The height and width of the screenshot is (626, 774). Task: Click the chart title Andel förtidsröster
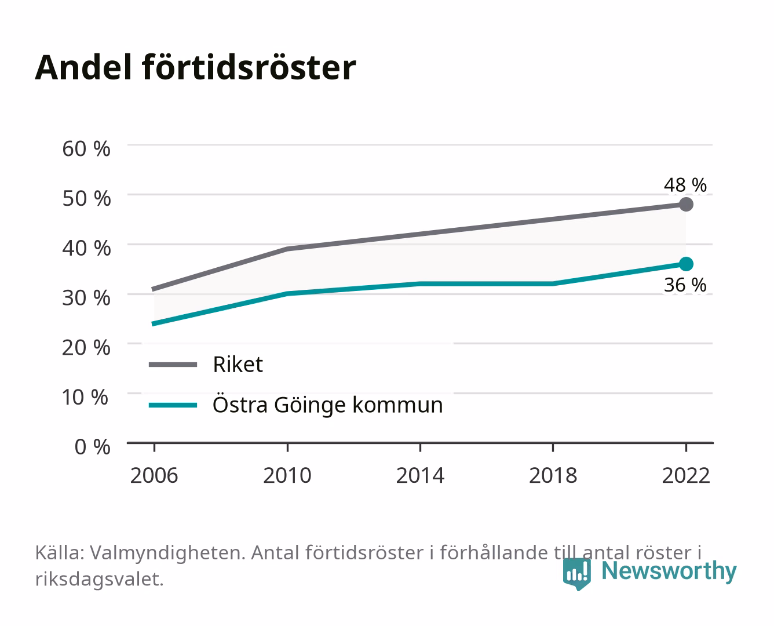click(x=195, y=68)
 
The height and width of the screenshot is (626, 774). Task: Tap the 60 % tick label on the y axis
click(x=86, y=149)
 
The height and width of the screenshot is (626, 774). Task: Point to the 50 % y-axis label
click(x=86, y=198)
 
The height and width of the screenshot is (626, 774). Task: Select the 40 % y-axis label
click(x=86, y=248)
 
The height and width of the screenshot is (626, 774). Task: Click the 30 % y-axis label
click(x=86, y=298)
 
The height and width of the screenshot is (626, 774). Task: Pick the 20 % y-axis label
click(x=86, y=348)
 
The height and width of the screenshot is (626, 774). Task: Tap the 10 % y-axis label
click(x=85, y=397)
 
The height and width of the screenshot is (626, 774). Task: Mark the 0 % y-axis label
click(x=92, y=447)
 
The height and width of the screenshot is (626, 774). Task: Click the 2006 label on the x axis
click(x=154, y=475)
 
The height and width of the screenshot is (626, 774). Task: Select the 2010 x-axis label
click(x=287, y=475)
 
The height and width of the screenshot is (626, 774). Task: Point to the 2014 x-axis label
click(x=420, y=475)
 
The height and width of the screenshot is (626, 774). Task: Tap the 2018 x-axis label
click(x=553, y=475)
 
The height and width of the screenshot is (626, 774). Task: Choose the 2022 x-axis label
click(x=686, y=475)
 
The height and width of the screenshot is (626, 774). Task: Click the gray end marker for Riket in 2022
click(x=686, y=204)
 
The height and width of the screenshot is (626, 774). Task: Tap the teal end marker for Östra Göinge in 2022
click(x=686, y=264)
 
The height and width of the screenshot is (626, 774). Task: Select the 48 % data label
click(x=685, y=185)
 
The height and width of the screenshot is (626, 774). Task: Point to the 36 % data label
click(x=685, y=285)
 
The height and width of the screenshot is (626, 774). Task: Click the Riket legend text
click(x=238, y=364)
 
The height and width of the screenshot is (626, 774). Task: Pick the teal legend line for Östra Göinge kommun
click(x=173, y=405)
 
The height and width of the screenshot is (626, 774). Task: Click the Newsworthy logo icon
click(x=576, y=574)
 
